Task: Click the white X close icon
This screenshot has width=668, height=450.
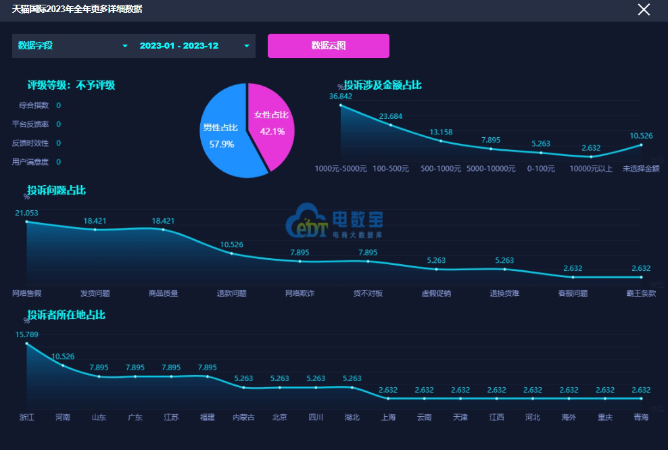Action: [644, 9]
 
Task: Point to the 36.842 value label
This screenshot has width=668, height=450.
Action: [341, 96]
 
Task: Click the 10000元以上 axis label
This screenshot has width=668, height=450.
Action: [591, 169]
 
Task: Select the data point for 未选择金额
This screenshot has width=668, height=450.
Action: [641, 145]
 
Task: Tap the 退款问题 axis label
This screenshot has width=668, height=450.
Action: [231, 293]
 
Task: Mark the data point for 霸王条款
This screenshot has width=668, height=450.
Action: [641, 277]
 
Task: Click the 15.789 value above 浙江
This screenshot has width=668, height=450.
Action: [26, 334]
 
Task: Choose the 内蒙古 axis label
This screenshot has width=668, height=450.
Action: [243, 418]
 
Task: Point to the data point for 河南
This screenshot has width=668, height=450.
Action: [63, 366]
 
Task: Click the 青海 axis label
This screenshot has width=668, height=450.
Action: [641, 418]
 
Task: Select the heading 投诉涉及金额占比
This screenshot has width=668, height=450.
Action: [383, 85]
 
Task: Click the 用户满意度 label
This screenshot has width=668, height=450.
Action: [30, 162]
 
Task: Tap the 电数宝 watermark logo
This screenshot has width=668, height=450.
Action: [335, 222]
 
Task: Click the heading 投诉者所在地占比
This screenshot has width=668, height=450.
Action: [66, 315]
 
